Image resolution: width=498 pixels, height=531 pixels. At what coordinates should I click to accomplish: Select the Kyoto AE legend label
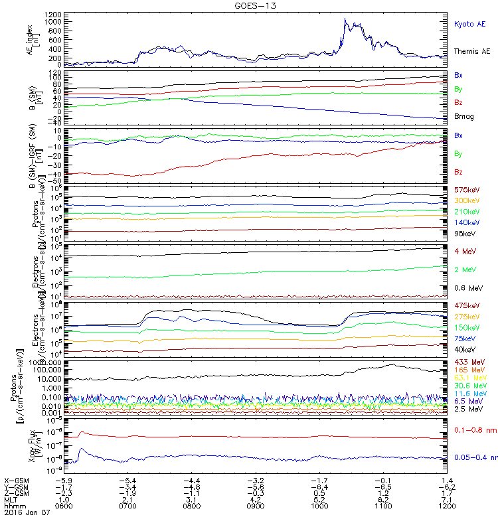(x=469, y=24)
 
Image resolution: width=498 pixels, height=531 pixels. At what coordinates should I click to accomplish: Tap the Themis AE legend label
(x=471, y=51)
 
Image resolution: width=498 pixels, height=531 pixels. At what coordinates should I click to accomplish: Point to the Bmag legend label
(x=465, y=117)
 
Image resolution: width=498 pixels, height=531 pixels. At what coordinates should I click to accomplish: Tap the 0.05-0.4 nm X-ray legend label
(x=473, y=458)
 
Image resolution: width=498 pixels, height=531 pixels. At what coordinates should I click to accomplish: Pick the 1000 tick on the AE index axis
(x=35, y=21)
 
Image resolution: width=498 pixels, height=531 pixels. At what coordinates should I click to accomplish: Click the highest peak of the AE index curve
(x=345, y=19)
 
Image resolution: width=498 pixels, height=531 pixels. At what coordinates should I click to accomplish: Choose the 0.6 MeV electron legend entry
(x=468, y=287)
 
